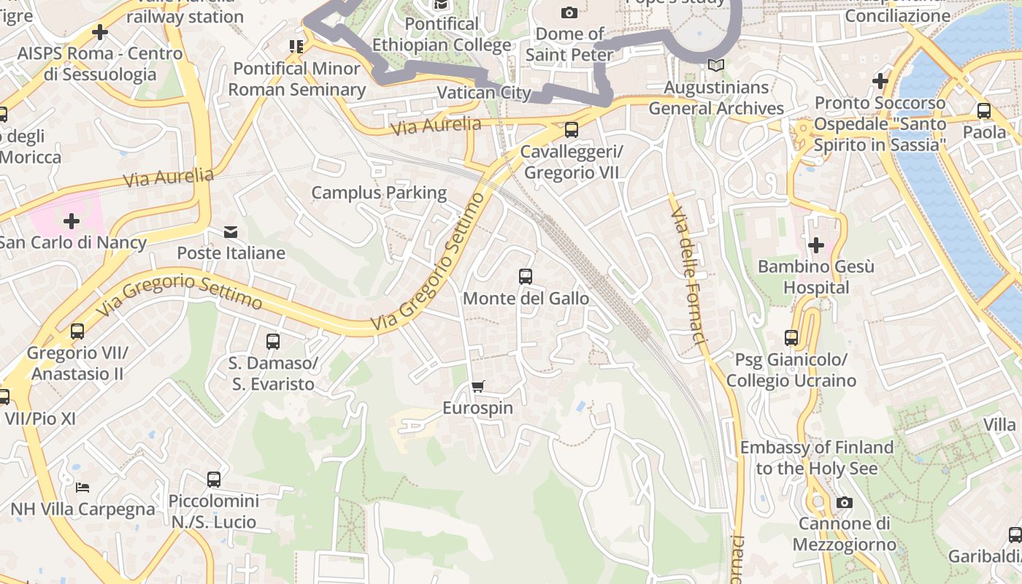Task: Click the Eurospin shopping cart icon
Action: [478, 386]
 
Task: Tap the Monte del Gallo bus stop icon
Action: [525, 277]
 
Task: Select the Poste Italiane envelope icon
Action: [231, 232]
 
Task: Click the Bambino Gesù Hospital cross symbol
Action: [815, 245]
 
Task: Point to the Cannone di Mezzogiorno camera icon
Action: [844, 502]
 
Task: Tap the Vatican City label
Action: [483, 93]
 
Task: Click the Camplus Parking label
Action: [379, 193]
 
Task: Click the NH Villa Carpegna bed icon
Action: [82, 487]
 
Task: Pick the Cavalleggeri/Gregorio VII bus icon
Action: [571, 130]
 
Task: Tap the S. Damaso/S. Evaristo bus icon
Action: [272, 341]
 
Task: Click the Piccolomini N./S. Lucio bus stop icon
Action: [213, 480]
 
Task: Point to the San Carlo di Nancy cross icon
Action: [72, 220]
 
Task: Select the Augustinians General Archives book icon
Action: [716, 66]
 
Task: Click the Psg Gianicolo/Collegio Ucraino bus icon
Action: [791, 338]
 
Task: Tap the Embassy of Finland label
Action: [816, 458]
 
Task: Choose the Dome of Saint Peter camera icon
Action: [569, 12]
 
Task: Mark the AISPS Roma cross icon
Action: [100, 32]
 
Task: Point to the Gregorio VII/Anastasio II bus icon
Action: [77, 331]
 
